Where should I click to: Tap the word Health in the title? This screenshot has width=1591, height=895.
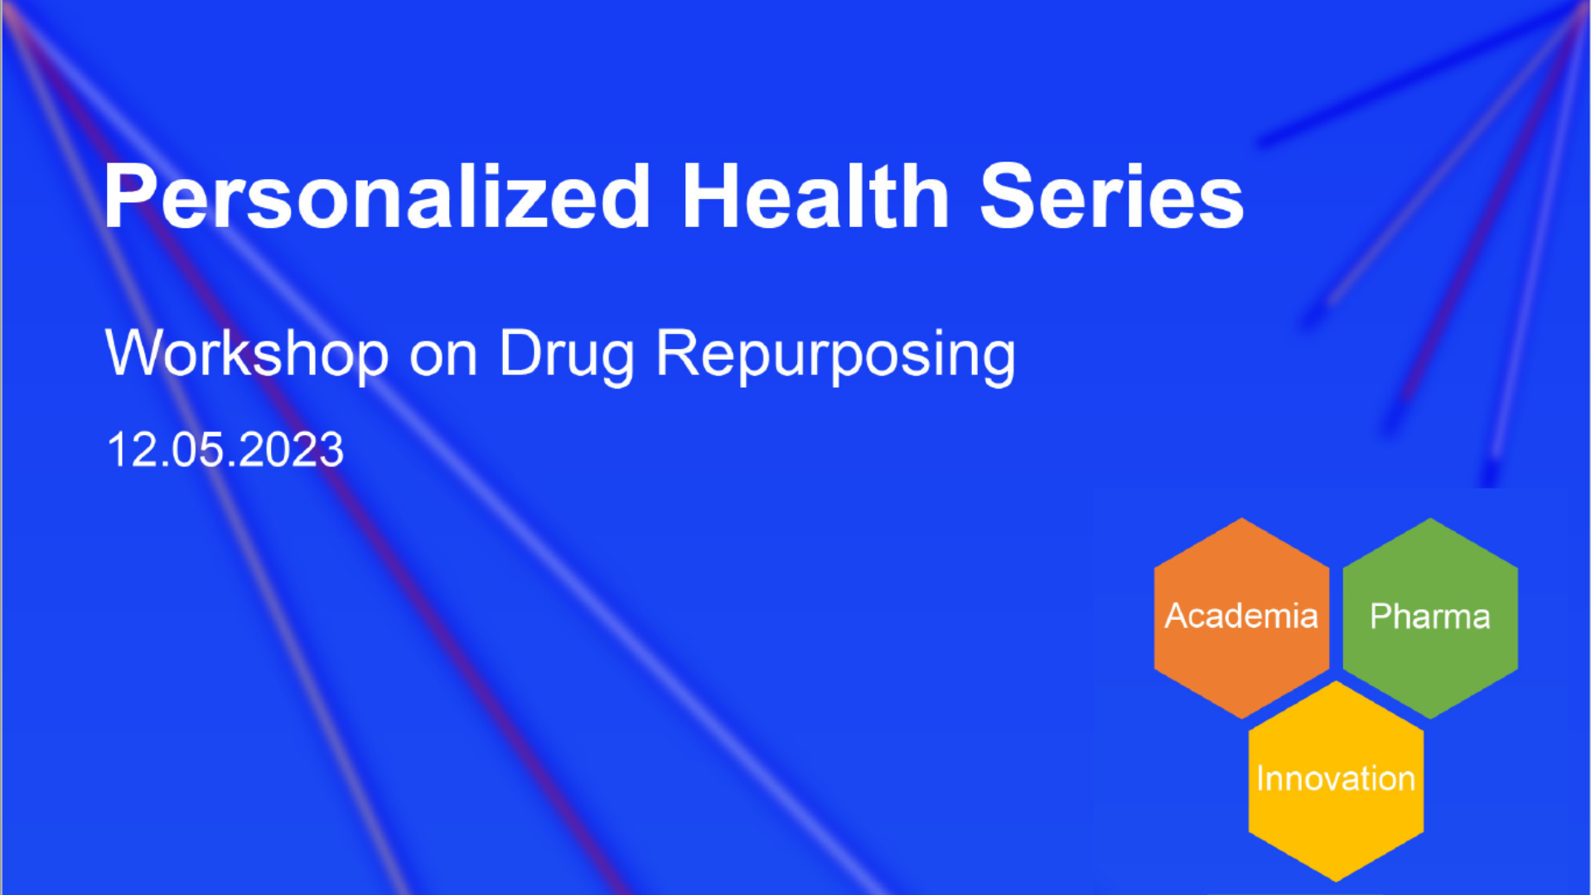[815, 196]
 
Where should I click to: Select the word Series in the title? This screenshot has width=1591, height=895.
[1112, 196]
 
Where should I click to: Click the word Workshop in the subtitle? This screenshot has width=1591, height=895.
[247, 355]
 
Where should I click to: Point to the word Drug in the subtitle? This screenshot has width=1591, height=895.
[567, 355]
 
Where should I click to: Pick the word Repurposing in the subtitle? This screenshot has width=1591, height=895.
[836, 355]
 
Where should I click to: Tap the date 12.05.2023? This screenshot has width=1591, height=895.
[225, 450]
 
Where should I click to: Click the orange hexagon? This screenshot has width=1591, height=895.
[1241, 618]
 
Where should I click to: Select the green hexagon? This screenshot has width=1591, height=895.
[1430, 618]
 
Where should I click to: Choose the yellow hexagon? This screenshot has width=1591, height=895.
[1336, 781]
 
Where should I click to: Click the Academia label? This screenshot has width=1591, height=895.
[1241, 616]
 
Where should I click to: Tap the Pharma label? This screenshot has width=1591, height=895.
[1430, 617]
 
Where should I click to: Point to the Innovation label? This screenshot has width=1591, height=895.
[1336, 779]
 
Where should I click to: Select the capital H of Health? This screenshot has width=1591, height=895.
[709, 196]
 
